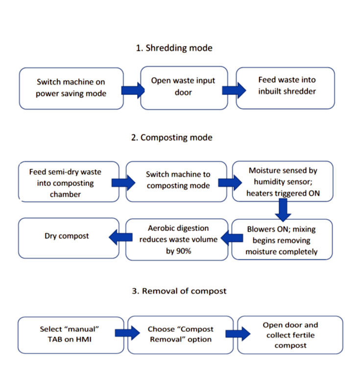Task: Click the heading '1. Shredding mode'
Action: click(174, 48)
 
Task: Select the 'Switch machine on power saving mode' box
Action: click(71, 88)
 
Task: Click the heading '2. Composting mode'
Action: click(171, 138)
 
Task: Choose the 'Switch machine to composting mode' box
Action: click(171, 181)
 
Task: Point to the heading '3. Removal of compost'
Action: click(180, 291)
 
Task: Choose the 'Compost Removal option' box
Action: click(181, 334)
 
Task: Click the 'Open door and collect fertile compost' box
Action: click(290, 335)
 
